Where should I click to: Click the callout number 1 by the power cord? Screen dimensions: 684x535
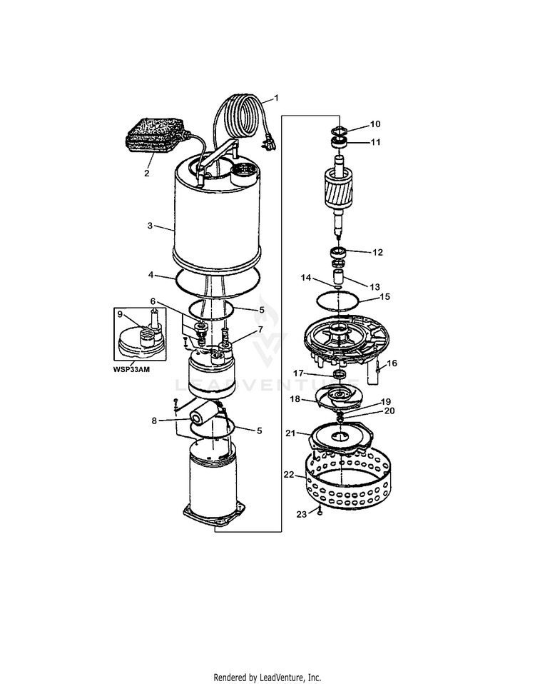pyautogui.click(x=277, y=98)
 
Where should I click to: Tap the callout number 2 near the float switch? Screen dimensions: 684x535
pyautogui.click(x=147, y=173)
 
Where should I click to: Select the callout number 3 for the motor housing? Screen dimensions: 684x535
pyautogui.click(x=150, y=226)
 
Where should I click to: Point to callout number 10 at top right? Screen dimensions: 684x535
pyautogui.click(x=376, y=124)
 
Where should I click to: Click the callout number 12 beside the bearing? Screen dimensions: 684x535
pyautogui.click(x=377, y=252)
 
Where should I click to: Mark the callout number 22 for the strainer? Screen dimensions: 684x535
pyautogui.click(x=289, y=474)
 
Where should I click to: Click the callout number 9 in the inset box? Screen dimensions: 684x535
pyautogui.click(x=120, y=315)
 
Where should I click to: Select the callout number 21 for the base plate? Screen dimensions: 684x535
pyautogui.click(x=290, y=433)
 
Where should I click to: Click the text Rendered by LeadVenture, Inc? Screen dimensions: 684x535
pyautogui.click(x=267, y=677)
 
